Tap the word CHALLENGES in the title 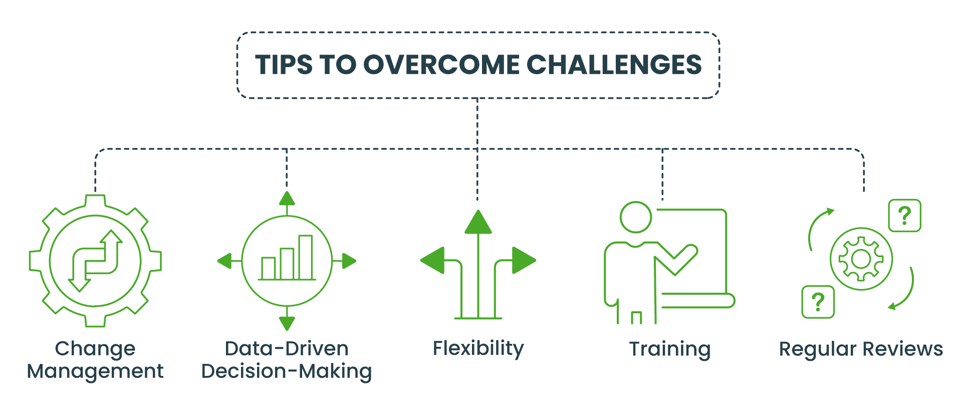pos(614,65)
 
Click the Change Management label pos(95,360)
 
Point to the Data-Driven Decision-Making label pos(287,360)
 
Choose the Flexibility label pos(478,348)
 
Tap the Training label pos(670,349)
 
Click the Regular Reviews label pos(861,349)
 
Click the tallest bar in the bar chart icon pos(306,257)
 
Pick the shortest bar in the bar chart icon pos(269,268)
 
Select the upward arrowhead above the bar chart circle pos(287,198)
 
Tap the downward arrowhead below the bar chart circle pos(287,323)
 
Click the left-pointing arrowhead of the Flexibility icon pos(432,260)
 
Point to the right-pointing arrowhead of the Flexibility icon pos(524,260)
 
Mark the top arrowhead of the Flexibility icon pos(478,222)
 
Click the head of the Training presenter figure pos(636,217)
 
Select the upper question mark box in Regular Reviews pos(904,216)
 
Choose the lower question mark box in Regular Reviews pos(818,302)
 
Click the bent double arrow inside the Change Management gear pos(95,261)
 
